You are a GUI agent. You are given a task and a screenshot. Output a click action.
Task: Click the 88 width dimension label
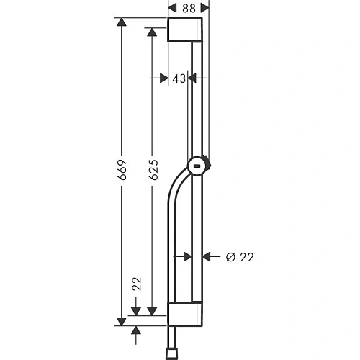click(189, 9)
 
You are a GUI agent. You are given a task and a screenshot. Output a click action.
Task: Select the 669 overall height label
click(122, 170)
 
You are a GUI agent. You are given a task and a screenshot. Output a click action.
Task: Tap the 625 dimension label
click(153, 170)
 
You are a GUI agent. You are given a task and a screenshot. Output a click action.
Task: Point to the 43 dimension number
click(179, 78)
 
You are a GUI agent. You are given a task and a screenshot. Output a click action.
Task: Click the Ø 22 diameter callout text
click(240, 257)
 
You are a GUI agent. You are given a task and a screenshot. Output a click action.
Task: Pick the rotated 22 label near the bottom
click(137, 284)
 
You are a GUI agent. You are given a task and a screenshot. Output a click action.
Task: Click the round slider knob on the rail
click(197, 166)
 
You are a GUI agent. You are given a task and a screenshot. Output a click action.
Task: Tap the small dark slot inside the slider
click(197, 166)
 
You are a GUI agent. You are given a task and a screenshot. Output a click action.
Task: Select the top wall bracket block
click(185, 30)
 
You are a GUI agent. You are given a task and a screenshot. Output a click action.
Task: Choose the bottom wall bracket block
click(185, 314)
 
